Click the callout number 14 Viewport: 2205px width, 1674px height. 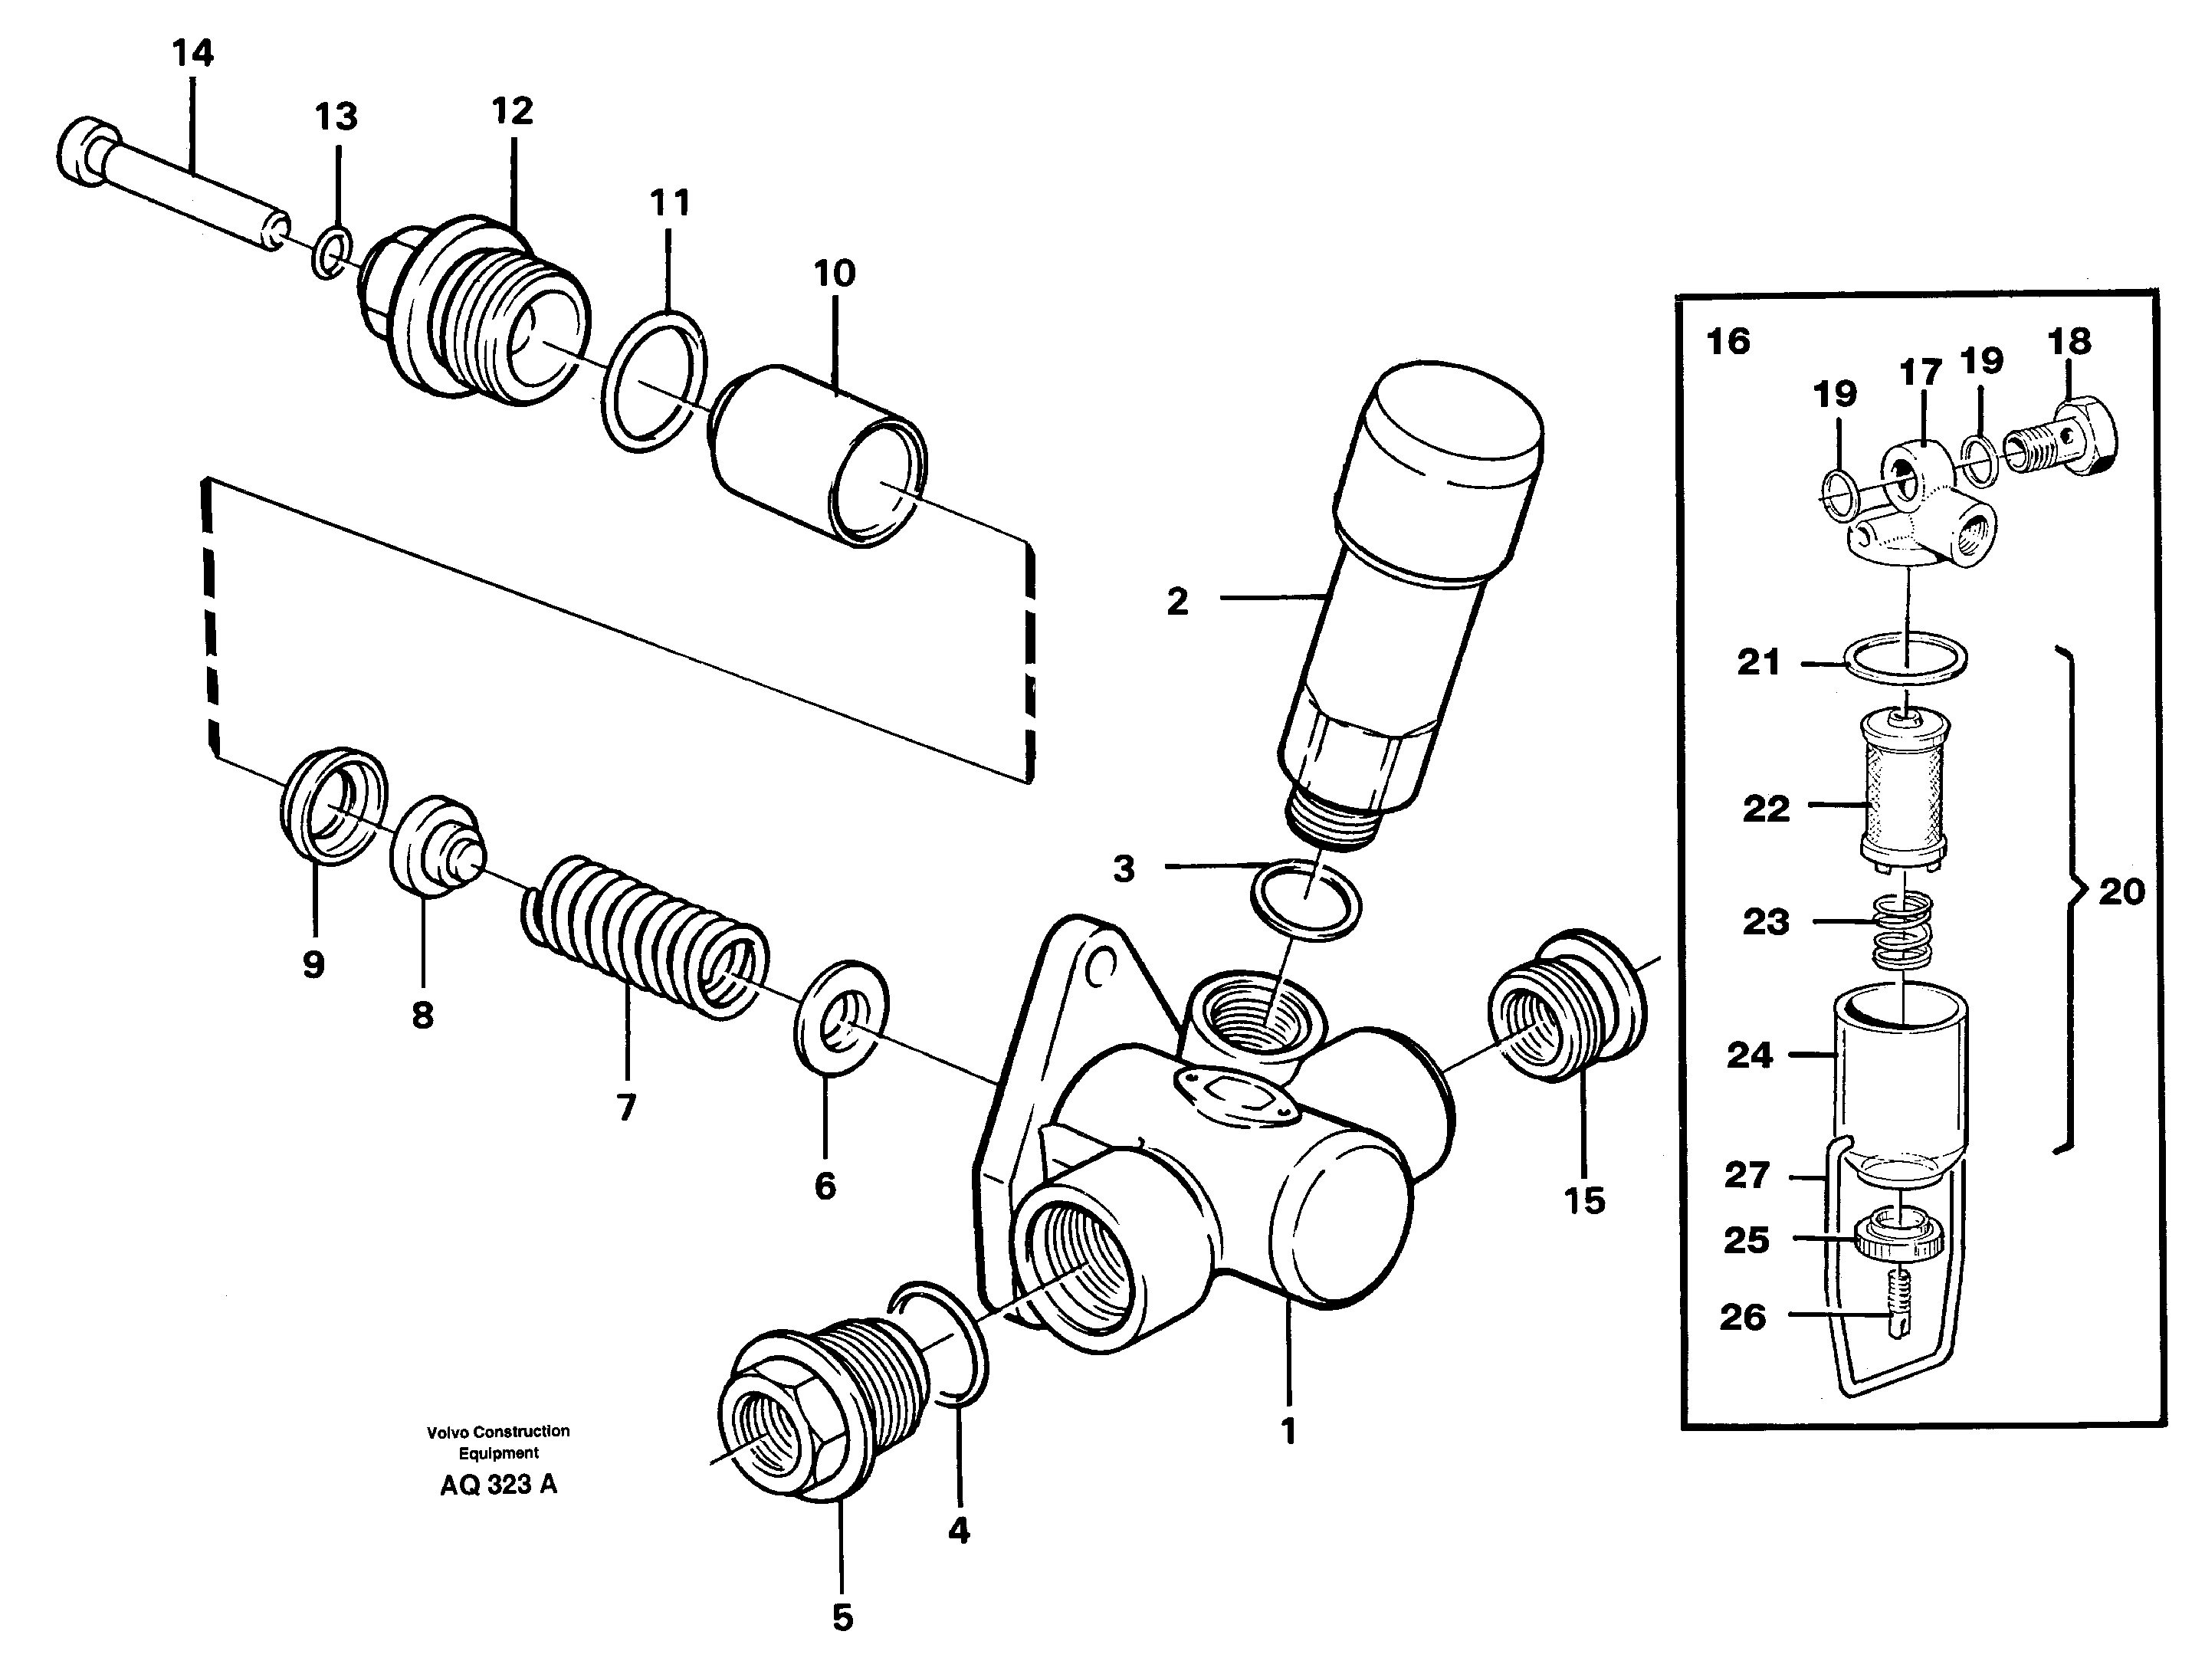click(x=192, y=53)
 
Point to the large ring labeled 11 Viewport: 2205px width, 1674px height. click(x=655, y=382)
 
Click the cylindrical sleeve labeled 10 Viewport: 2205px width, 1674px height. click(x=818, y=458)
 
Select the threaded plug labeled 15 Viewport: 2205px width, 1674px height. click(x=1564, y=1007)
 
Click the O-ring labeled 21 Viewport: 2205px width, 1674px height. click(x=1905, y=658)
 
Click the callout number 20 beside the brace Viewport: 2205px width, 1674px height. click(x=2120, y=891)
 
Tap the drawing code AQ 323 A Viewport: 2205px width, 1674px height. click(x=498, y=1485)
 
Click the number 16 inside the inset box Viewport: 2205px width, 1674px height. click(x=1728, y=342)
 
